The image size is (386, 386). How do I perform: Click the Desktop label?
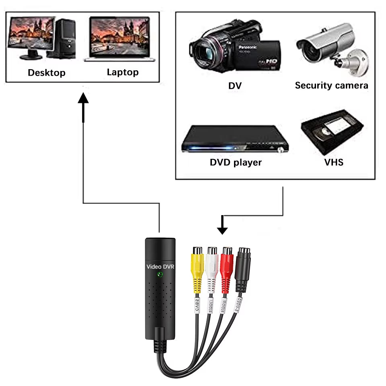click(x=46, y=73)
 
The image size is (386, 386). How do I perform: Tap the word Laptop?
click(x=123, y=72)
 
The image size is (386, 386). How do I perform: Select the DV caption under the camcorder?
click(x=235, y=86)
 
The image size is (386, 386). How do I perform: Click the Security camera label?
click(x=331, y=85)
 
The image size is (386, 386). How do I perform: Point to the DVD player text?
click(x=236, y=162)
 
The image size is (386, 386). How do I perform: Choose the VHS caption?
click(x=334, y=162)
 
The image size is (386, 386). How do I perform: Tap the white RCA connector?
click(x=212, y=267)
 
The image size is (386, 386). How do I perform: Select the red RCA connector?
click(x=227, y=267)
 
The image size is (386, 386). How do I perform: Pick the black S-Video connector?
click(x=243, y=267)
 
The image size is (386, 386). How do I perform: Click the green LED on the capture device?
click(x=160, y=275)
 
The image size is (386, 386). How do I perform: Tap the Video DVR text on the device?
click(x=160, y=266)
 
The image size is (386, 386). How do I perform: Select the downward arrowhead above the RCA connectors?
click(x=222, y=230)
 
